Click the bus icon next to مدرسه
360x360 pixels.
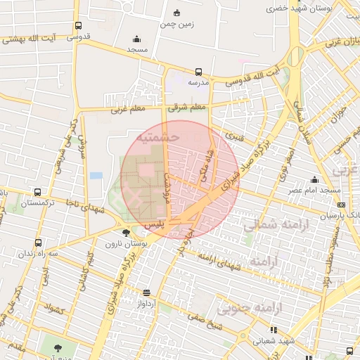click(198, 72)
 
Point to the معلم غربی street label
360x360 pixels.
click(127, 110)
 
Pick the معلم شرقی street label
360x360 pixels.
click(188, 108)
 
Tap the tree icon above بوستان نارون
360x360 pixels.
click(126, 233)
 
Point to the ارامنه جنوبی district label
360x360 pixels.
click(249, 307)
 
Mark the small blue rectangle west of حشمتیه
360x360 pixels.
click(96, 175)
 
